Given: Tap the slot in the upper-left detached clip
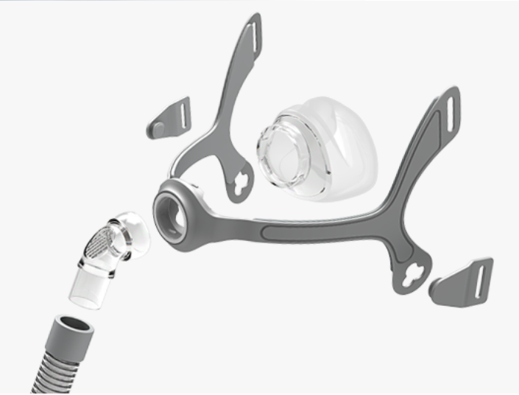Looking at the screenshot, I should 182,113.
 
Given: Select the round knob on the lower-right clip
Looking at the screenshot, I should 436,283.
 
